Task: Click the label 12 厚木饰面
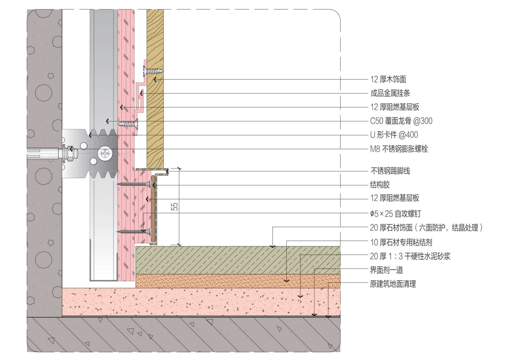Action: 388,80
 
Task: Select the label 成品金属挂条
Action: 390,93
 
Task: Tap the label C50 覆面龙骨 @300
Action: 401,121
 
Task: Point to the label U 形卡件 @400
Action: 394,135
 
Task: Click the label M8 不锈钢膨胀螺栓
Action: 399,149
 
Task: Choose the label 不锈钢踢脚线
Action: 390,171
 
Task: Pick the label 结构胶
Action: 380,185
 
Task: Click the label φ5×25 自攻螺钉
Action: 395,214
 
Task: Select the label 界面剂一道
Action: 386,270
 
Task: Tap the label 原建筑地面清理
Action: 393,284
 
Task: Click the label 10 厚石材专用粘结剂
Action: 401,242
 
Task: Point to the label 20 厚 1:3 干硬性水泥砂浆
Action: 410,256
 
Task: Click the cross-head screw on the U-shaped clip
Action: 105,153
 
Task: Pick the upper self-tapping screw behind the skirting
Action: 134,184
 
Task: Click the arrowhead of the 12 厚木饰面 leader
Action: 155,80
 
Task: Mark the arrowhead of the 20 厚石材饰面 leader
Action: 273,246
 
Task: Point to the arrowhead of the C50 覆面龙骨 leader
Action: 107,121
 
